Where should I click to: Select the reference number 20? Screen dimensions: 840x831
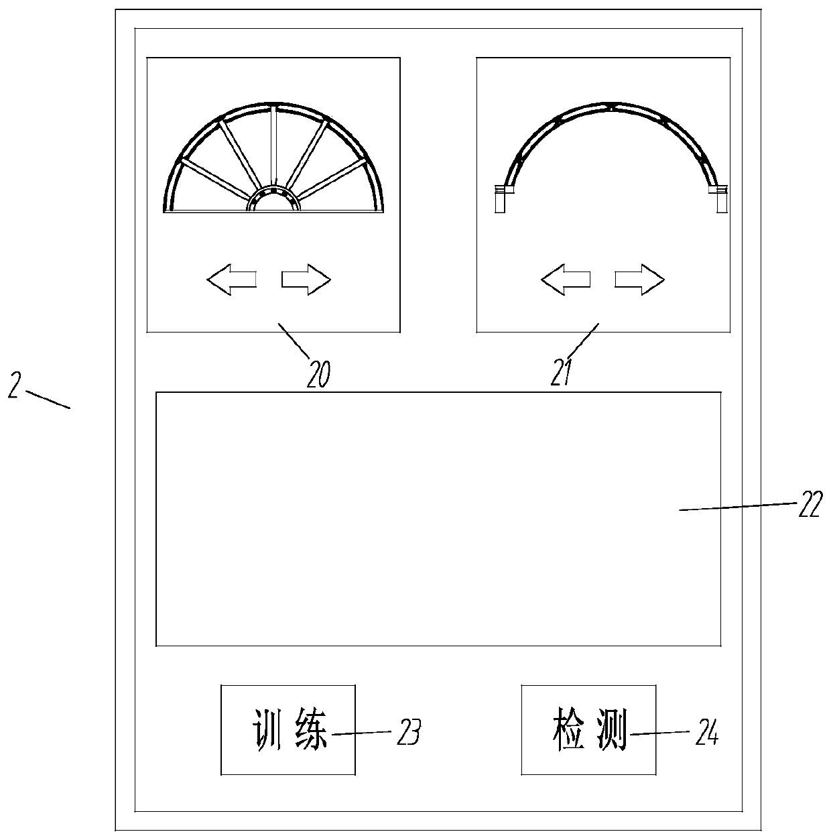click(x=319, y=373)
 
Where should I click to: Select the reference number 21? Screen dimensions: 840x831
click(x=560, y=373)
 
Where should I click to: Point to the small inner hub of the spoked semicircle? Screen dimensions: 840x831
click(x=273, y=200)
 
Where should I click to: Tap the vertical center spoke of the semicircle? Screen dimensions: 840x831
click(x=274, y=146)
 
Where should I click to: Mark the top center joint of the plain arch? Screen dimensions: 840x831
click(x=611, y=106)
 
